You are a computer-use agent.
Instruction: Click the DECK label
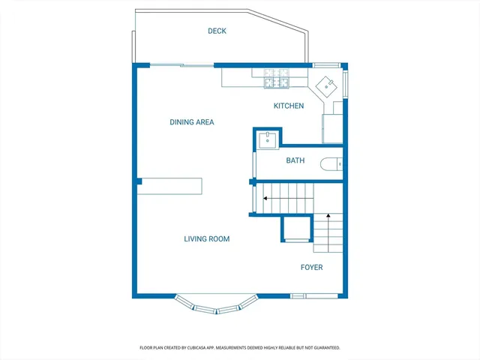coord(217,31)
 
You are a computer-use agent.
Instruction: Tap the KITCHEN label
coord(288,106)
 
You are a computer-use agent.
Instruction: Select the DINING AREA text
coord(192,122)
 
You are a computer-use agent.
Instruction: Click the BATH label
coord(295,160)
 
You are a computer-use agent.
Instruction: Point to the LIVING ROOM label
coord(206,239)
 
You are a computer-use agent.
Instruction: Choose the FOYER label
coord(311,267)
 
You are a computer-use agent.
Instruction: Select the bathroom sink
coord(268,139)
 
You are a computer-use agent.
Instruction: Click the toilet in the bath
coord(331,163)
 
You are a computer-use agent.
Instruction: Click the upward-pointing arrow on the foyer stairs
coord(328,217)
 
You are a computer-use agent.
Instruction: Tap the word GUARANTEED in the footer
coord(323,348)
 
